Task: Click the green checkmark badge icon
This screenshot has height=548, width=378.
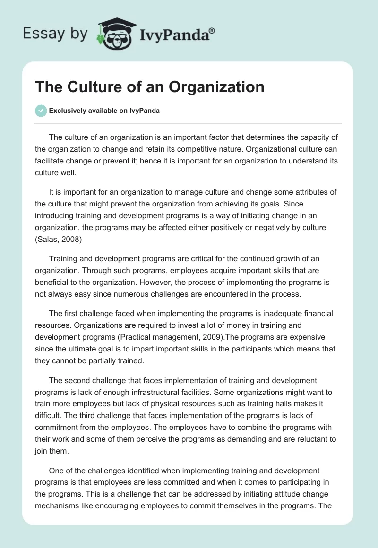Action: (41, 111)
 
